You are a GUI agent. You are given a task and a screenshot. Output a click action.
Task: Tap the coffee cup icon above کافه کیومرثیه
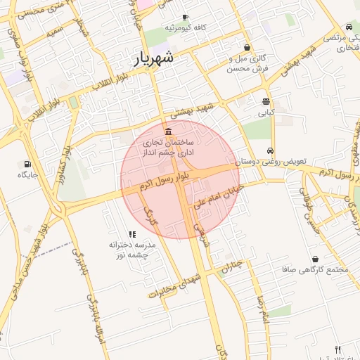185,17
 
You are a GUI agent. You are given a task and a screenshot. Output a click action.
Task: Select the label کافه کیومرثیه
185,27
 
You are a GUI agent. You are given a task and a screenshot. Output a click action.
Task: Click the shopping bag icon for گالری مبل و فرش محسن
247,47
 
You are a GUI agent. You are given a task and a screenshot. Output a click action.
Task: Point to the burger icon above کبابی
266,101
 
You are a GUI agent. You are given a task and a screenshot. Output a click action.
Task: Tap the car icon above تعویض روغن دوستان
271,151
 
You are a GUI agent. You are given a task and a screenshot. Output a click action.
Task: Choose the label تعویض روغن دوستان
271,162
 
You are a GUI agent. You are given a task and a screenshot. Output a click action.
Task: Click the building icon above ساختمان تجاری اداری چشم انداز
167,132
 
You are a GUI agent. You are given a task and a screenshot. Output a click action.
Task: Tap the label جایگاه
27,174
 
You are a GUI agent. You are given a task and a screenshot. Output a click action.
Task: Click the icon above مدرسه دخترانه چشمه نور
131,234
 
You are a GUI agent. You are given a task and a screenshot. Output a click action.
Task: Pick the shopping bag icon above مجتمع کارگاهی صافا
314,259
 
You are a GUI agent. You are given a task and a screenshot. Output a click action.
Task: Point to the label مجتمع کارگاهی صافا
314,269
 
